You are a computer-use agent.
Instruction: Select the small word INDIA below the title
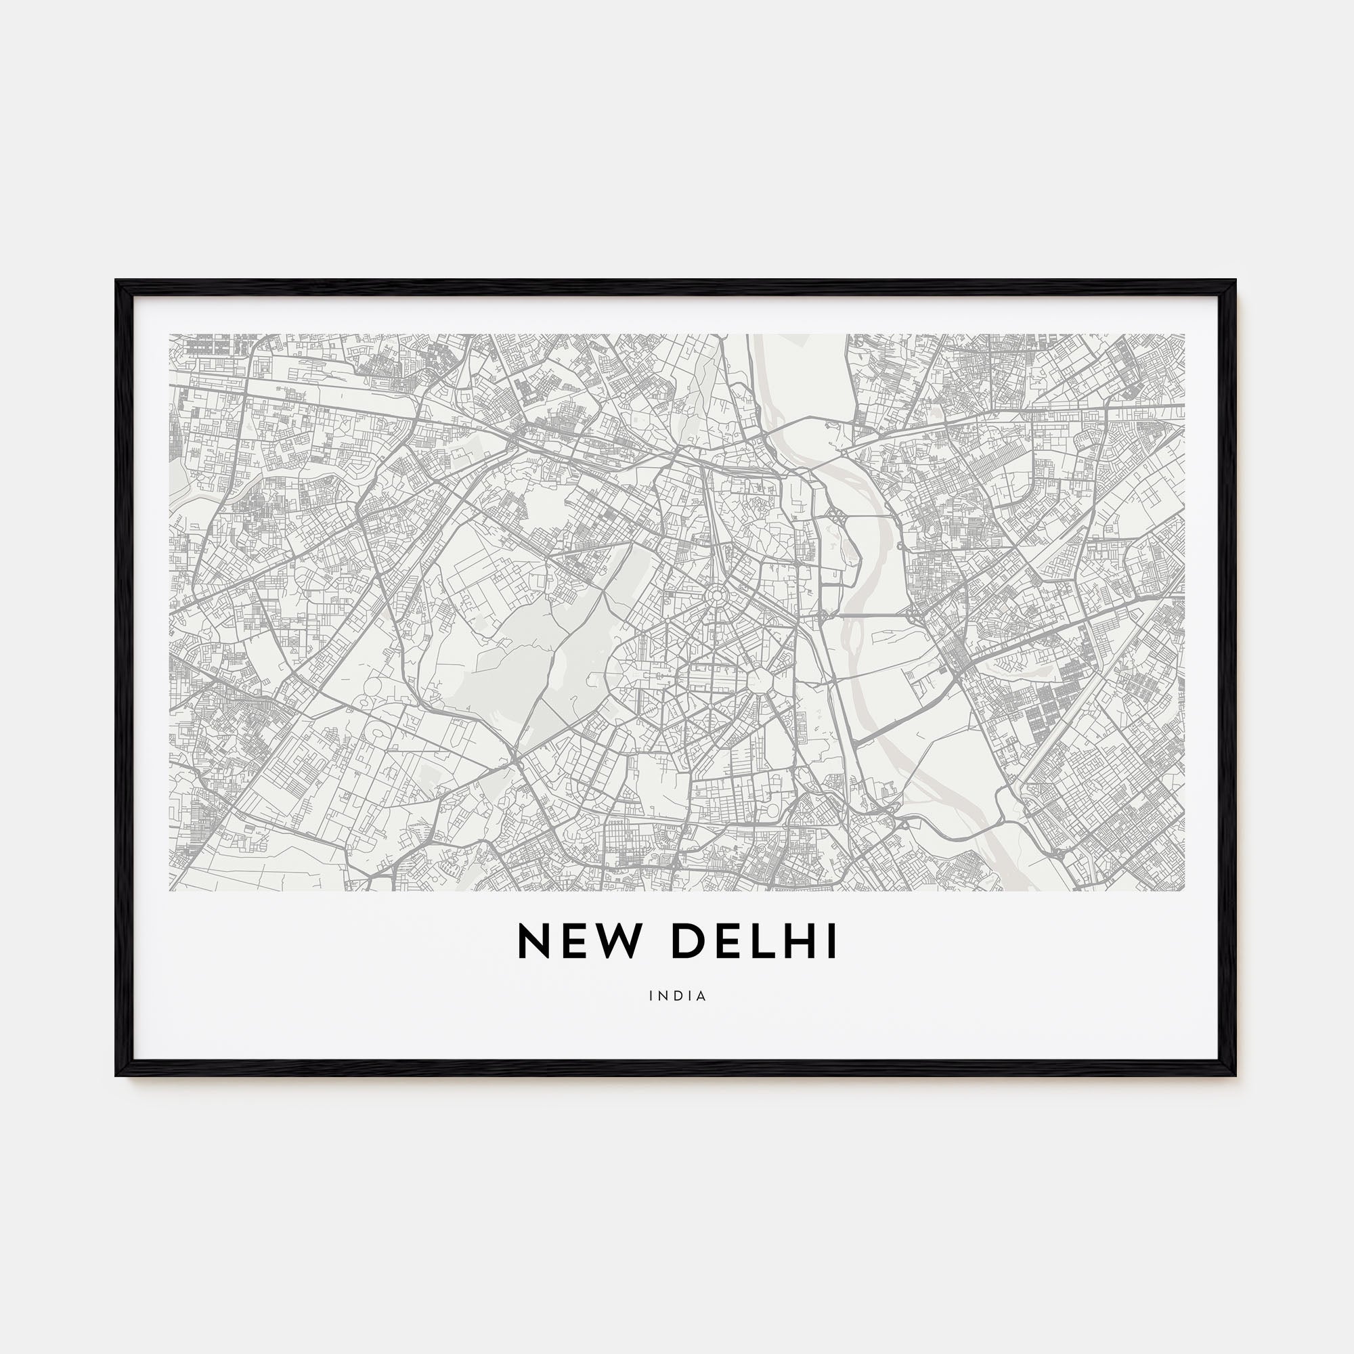(678, 995)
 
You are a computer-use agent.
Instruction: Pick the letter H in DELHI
(799, 941)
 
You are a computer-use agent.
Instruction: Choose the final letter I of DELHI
(832, 941)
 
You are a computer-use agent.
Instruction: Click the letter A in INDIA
(701, 995)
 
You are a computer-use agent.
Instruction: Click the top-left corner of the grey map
(171, 335)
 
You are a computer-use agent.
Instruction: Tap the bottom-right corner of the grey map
(1183, 890)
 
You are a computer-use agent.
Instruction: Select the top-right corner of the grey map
(1183, 335)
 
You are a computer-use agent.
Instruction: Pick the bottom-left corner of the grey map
(171, 890)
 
